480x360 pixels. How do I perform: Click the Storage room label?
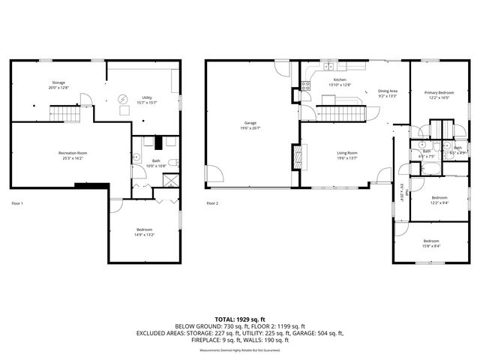(58, 82)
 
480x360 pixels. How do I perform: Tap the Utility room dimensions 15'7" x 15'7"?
(147, 102)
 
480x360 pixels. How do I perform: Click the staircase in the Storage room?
(64, 114)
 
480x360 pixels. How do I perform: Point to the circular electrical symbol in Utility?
(125, 98)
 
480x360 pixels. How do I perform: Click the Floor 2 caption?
(212, 203)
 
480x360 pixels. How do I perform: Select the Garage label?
(250, 123)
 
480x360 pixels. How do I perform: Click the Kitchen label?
(340, 79)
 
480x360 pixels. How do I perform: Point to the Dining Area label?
(388, 90)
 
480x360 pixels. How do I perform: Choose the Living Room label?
(346, 153)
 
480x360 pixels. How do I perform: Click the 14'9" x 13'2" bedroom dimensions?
(145, 235)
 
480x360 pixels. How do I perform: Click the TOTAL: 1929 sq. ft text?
(240, 319)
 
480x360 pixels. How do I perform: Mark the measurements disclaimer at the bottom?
(240, 350)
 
